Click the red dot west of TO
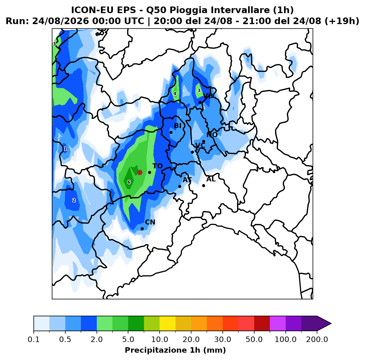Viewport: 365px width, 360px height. (x=140, y=172)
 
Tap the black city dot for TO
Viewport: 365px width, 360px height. (x=149, y=173)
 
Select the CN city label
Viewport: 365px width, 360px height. (x=150, y=222)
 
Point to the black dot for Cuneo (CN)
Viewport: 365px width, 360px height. (x=142, y=229)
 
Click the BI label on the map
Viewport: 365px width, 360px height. (x=178, y=126)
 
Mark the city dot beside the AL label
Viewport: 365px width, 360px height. (x=203, y=185)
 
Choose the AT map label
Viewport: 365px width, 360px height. (x=187, y=180)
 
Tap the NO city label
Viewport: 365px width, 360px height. (x=212, y=135)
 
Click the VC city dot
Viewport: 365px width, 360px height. (x=192, y=152)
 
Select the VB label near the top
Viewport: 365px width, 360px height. (x=208, y=96)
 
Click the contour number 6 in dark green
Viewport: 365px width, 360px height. (x=129, y=182)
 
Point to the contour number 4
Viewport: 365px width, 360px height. (x=175, y=94)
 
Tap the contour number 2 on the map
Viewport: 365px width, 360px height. (x=74, y=200)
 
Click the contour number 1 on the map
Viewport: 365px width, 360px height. (x=65, y=149)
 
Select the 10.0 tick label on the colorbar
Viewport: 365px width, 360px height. (x=160, y=339)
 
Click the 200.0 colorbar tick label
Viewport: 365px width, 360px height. (x=317, y=339)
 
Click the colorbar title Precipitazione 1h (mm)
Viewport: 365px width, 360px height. (x=175, y=350)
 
